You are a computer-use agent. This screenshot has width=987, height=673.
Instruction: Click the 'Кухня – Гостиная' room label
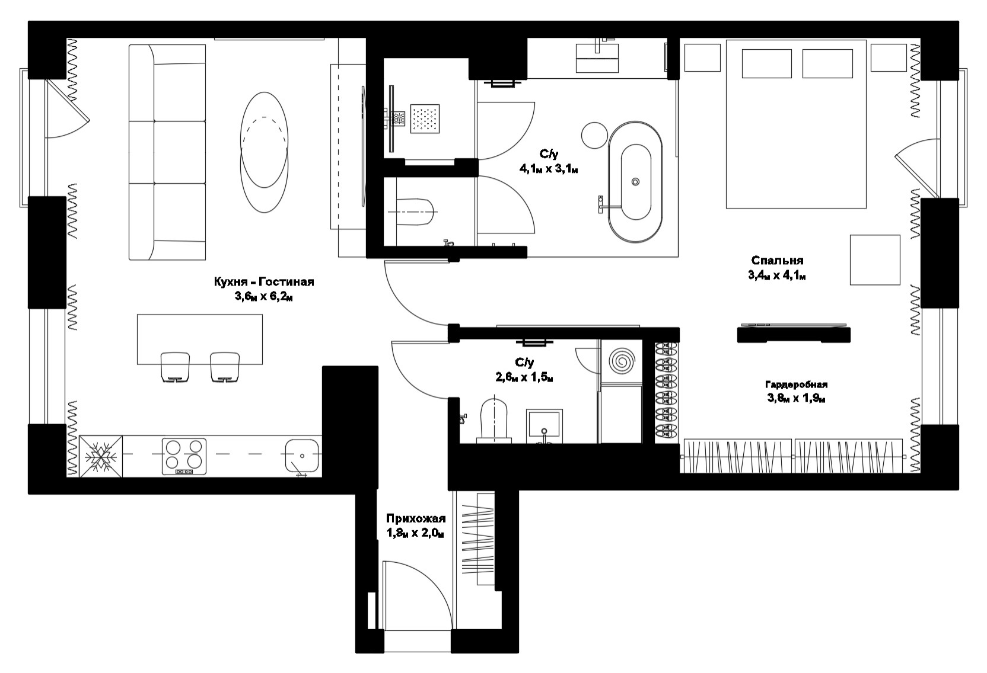(x=264, y=282)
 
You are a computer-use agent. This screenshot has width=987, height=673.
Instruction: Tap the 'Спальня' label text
(x=777, y=261)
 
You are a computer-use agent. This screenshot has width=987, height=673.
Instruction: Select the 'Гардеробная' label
(x=796, y=384)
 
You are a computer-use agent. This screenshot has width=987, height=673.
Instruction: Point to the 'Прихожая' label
(x=416, y=518)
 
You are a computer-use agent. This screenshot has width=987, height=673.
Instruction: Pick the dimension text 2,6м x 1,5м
(x=524, y=377)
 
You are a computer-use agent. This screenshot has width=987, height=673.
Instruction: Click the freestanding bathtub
(x=635, y=182)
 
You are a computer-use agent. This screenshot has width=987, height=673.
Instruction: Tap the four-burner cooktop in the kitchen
(x=184, y=456)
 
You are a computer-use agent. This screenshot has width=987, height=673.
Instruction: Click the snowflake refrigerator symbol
(x=100, y=456)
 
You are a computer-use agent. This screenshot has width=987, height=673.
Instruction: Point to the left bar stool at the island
(x=176, y=367)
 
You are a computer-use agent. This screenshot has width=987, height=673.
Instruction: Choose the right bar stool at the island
(x=225, y=367)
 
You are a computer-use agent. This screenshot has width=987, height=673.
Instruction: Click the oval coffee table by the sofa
(x=265, y=152)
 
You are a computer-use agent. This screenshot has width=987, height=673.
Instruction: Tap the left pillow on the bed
(x=767, y=63)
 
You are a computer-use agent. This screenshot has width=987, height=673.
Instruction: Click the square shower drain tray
(x=425, y=118)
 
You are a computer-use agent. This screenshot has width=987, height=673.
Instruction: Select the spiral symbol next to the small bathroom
(x=621, y=361)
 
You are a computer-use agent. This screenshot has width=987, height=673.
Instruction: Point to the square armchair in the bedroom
(x=875, y=259)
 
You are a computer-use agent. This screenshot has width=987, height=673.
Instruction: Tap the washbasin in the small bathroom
(x=545, y=426)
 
